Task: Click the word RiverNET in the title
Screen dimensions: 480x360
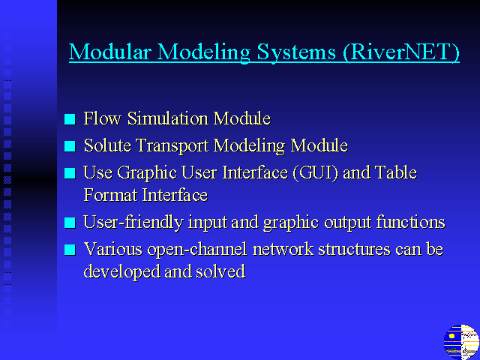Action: [x=401, y=52]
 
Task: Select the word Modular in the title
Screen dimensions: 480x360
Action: [x=110, y=52]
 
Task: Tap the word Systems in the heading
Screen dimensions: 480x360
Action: [x=296, y=52]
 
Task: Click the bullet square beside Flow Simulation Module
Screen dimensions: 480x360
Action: [x=70, y=119]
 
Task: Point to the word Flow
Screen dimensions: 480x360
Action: [x=102, y=118]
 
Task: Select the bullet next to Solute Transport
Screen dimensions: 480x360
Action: [x=70, y=146]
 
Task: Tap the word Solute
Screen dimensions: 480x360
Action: [x=107, y=145]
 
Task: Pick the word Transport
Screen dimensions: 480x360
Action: [x=172, y=146]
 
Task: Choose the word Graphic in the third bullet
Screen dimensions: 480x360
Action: [x=147, y=173]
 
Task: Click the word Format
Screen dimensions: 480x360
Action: [x=110, y=195]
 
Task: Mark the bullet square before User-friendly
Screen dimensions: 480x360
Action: [x=70, y=223]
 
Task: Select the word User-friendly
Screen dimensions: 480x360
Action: [x=133, y=223]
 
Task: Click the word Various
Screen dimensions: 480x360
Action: [x=113, y=249]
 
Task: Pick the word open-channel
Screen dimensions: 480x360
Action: [x=197, y=250]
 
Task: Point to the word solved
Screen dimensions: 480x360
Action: [x=220, y=271]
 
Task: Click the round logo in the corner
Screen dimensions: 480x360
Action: [x=461, y=342]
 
